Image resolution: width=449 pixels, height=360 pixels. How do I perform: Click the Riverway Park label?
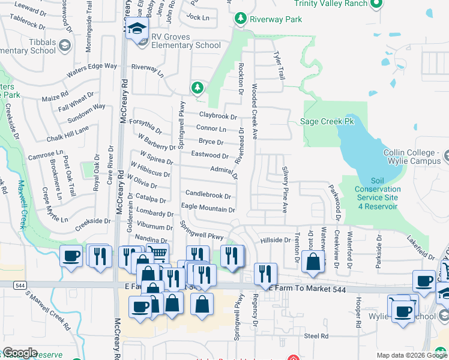click(x=277, y=19)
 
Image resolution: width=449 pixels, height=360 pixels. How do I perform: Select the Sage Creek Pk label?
click(x=327, y=122)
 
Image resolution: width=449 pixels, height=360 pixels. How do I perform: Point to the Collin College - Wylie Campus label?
click(x=412, y=157)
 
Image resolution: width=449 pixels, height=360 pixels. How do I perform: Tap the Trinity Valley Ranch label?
click(x=331, y=4)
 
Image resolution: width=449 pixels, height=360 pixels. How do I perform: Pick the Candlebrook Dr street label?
click(x=208, y=195)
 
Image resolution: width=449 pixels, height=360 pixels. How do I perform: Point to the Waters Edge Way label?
click(x=92, y=69)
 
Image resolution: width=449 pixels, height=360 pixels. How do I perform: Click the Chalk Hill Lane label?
click(x=68, y=133)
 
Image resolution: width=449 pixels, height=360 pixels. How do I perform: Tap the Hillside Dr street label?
click(x=276, y=240)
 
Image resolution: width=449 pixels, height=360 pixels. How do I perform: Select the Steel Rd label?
click(x=316, y=336)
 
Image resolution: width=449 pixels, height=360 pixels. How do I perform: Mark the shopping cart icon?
click(x=157, y=254)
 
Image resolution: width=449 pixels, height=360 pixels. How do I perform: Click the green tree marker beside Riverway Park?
click(x=241, y=19)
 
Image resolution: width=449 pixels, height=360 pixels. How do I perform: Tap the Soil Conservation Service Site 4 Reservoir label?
click(x=377, y=193)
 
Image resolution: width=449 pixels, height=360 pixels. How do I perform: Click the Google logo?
click(x=20, y=353)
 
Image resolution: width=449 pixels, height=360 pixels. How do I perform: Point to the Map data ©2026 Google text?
click(x=412, y=355)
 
